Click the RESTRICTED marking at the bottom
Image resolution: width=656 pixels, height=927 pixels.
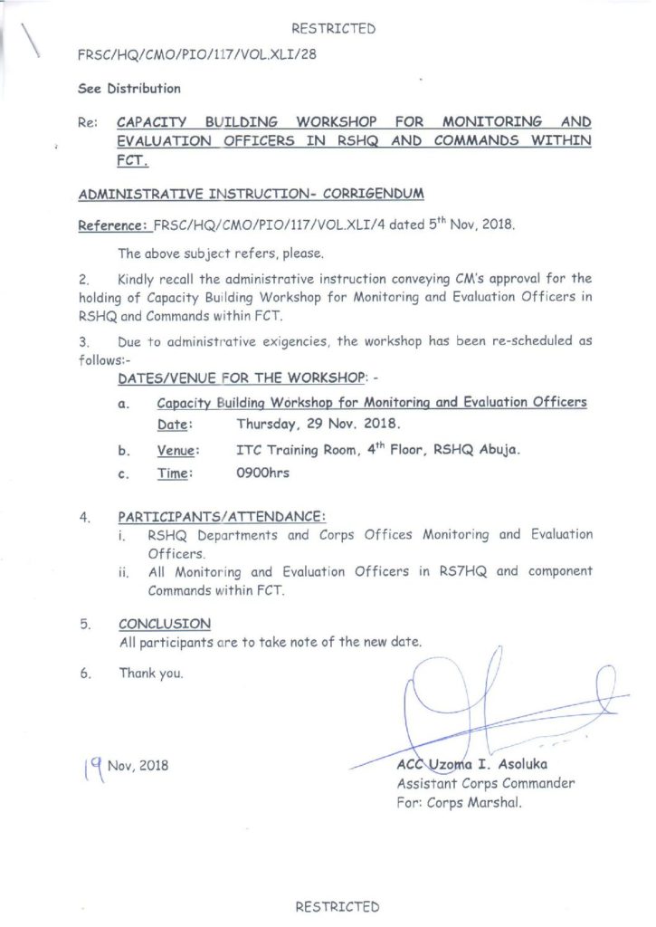pyautogui.click(x=337, y=905)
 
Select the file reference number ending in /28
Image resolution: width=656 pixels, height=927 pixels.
pyautogui.click(x=198, y=54)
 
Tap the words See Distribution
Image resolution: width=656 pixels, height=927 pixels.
pyautogui.click(x=129, y=89)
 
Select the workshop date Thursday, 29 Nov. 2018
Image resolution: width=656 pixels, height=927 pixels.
pyautogui.click(x=318, y=423)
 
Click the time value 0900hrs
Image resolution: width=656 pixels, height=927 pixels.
pyautogui.click(x=262, y=473)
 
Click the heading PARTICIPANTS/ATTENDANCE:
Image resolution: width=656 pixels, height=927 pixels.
pyautogui.click(x=222, y=517)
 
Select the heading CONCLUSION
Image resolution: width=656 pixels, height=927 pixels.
pyautogui.click(x=165, y=624)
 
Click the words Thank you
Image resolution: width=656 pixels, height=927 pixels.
pyautogui.click(x=151, y=673)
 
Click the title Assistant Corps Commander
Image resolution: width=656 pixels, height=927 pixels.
pyautogui.click(x=485, y=784)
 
